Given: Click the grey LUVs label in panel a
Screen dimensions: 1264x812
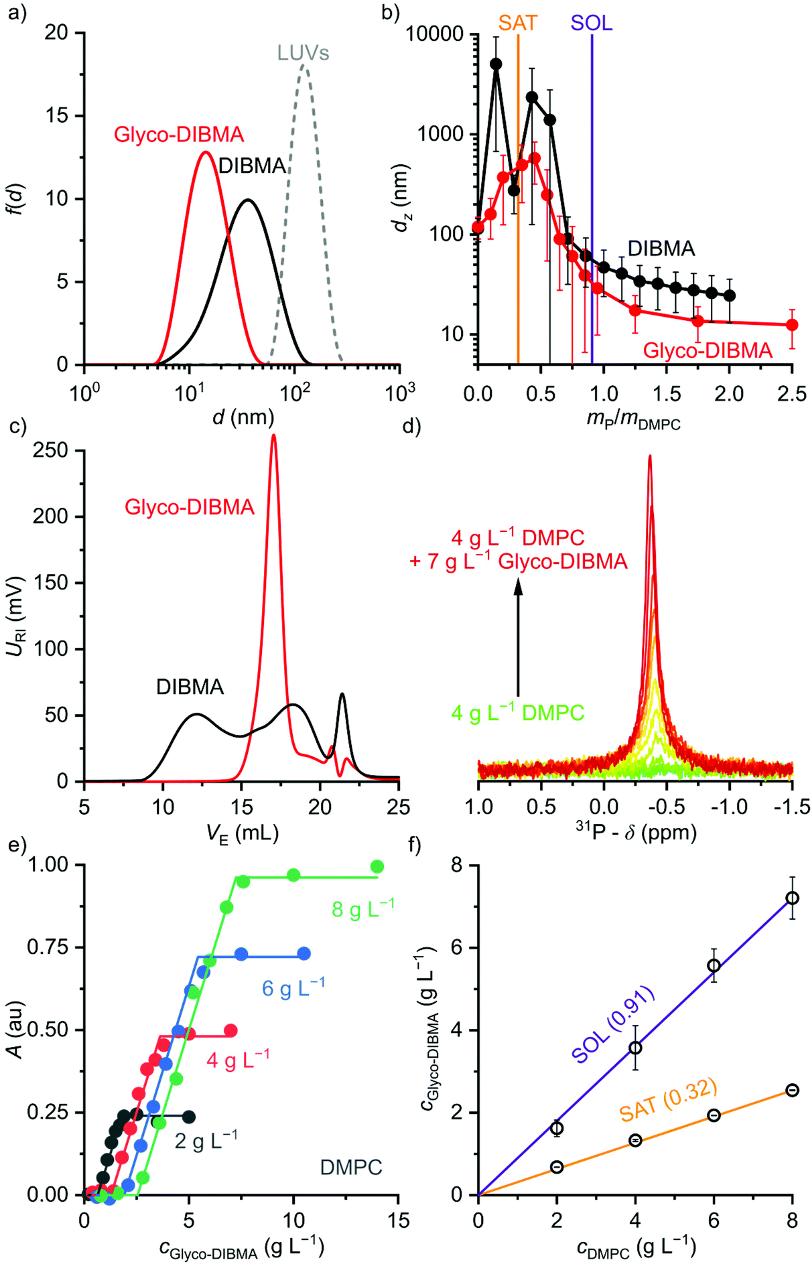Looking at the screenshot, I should click(303, 53).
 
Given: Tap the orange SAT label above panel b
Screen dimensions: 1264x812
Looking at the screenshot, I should click(518, 23).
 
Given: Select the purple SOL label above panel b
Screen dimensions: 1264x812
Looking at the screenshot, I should click(592, 23).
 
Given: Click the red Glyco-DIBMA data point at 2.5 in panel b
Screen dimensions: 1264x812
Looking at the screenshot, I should click(792, 325).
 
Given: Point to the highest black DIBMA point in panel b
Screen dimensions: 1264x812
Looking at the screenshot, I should click(496, 64).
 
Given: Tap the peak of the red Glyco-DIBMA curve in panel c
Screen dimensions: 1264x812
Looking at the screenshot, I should click(273, 437).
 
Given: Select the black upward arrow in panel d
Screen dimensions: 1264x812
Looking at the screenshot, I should click(518, 636).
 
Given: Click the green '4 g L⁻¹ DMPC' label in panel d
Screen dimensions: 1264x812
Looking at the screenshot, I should click(518, 713).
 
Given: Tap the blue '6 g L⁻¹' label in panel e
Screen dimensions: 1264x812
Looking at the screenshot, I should click(293, 988).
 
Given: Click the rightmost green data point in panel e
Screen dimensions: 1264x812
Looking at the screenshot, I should click(377, 867).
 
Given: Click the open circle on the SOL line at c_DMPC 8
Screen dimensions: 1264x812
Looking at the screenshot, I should click(792, 898).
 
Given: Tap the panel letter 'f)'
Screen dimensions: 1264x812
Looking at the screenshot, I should click(415, 845).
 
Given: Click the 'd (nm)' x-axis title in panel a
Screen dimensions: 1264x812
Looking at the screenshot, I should click(243, 417).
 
